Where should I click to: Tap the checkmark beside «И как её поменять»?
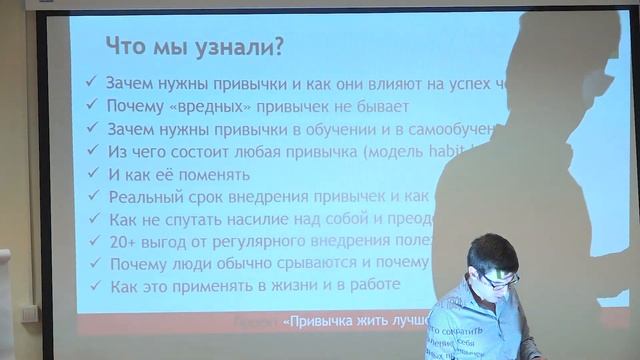pyautogui.click(x=93, y=174)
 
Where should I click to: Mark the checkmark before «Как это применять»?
pyautogui.click(x=93, y=286)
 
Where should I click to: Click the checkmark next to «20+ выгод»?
pyautogui.click(x=93, y=242)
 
